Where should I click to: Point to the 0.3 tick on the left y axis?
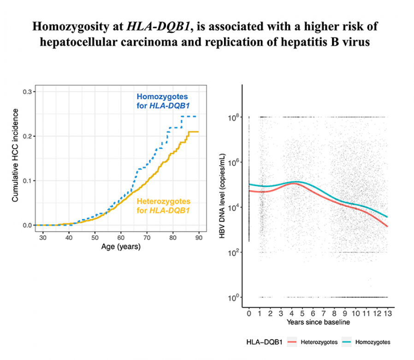click(28, 92)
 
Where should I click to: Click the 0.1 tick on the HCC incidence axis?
click(28, 181)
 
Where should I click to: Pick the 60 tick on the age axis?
click(121, 238)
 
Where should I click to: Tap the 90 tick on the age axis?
click(199, 238)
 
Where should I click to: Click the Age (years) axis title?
click(121, 246)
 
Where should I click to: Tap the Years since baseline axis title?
click(318, 322)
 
